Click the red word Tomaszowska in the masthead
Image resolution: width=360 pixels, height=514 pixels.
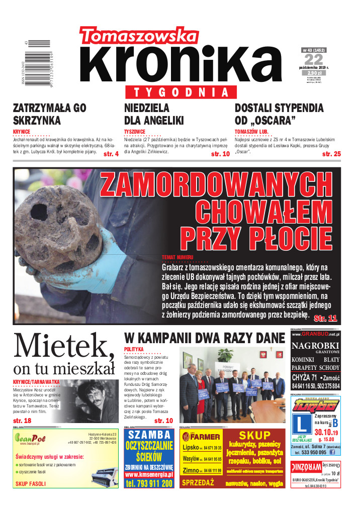pyautogui.click(x=138, y=36)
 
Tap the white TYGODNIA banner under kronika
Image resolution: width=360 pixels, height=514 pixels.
pyautogui.click(x=187, y=92)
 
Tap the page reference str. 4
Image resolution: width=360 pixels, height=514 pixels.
pyautogui.click(x=111, y=154)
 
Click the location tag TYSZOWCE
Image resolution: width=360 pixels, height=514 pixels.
pyautogui.click(x=134, y=132)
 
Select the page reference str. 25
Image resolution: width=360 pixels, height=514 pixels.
pyautogui.click(x=331, y=154)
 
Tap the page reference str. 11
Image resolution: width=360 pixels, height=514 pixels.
pyautogui.click(x=325, y=318)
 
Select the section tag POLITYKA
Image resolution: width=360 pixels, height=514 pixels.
pyautogui.click(x=134, y=349)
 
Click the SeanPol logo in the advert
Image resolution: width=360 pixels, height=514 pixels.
pyautogui.click(x=30, y=438)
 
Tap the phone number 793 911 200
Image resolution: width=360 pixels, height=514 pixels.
pyautogui.click(x=149, y=483)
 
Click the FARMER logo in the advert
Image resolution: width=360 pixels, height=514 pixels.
pyautogui.click(x=201, y=436)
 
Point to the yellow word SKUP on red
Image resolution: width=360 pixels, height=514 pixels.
pyautogui.click(x=255, y=435)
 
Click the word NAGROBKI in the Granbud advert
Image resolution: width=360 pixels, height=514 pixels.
pyautogui.click(x=315, y=346)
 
